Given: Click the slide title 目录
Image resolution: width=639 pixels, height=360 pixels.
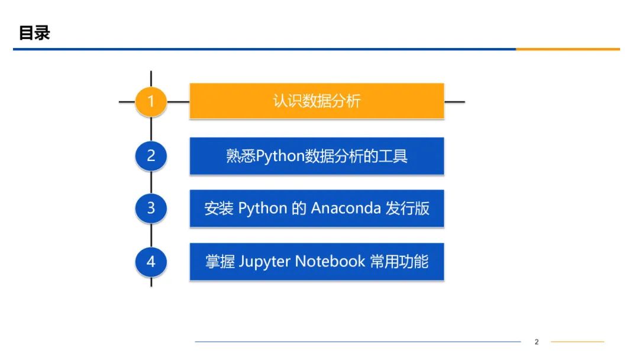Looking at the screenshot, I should click(34, 33).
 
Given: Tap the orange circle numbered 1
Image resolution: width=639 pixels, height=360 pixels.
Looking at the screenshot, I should click(151, 101).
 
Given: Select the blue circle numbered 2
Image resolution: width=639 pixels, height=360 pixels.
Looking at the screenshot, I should click(151, 156).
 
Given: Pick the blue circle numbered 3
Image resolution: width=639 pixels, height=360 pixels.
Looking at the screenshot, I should click(151, 208).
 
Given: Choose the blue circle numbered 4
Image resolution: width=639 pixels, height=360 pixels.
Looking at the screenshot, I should click(151, 261).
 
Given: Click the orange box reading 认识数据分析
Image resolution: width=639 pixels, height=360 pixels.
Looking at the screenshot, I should click(317, 101).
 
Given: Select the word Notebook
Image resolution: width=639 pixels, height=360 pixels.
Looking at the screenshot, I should click(330, 262).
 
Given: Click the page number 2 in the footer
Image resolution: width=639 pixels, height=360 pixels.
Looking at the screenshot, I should click(537, 342).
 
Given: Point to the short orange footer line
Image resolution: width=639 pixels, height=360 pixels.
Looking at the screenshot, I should click(577, 342).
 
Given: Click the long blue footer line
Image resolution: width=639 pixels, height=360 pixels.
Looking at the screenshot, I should click(357, 342).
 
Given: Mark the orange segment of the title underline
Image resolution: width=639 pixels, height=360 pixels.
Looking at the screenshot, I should click(567, 49).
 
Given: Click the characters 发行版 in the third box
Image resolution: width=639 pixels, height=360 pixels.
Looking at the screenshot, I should click(408, 208).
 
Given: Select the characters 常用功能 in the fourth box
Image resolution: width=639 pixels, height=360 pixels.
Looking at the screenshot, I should click(399, 262).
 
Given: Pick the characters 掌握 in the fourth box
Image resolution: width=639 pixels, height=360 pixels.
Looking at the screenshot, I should click(220, 262).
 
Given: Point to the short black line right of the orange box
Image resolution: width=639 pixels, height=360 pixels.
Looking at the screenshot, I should click(454, 101).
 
